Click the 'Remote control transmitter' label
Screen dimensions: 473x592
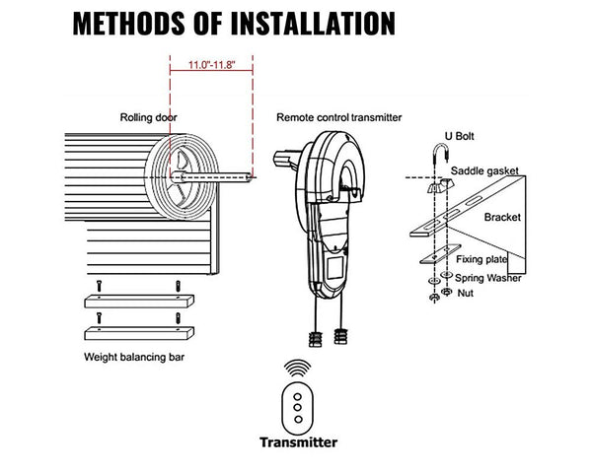tap(339, 116)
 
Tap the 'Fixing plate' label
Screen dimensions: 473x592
tap(482, 259)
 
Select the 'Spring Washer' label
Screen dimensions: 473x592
tap(489, 277)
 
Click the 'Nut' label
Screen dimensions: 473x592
tap(466, 293)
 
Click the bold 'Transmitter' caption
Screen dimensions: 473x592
tap(297, 442)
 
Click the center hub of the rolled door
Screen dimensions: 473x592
tap(184, 178)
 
